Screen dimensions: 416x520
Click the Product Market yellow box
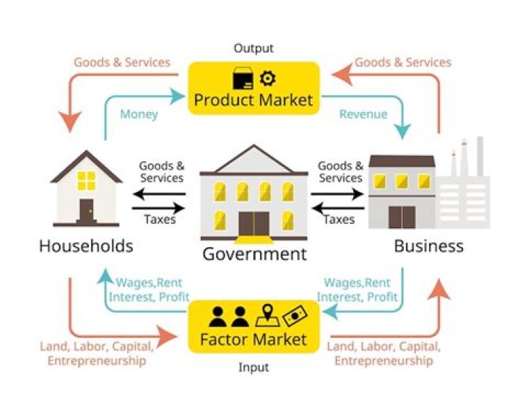tap(253, 88)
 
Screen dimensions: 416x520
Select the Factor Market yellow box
tap(253, 327)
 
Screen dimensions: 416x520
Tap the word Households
tap(86, 246)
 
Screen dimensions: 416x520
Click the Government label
tap(254, 253)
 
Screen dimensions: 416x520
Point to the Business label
tap(428, 246)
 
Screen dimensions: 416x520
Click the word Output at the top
tap(253, 48)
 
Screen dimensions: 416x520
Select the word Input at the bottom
tap(253, 368)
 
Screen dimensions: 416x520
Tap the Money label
tap(139, 114)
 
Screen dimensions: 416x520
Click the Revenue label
tap(363, 114)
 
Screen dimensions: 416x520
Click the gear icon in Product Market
tap(267, 77)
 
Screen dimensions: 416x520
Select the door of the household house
tap(87, 212)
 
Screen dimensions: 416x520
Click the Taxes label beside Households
tap(160, 220)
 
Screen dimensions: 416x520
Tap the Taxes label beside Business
tap(339, 220)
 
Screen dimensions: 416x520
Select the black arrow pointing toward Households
tap(159, 194)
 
